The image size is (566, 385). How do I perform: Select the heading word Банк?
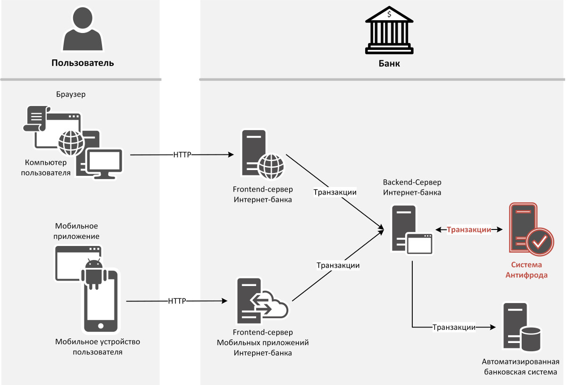[389, 63]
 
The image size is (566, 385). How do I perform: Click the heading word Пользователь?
[83, 63]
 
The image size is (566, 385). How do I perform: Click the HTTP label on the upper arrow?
[183, 155]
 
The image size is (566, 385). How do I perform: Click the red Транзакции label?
[469, 229]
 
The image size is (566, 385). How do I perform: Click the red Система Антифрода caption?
[526, 270]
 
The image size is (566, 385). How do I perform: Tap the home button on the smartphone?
[100, 326]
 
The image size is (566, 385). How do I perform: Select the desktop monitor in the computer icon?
[105, 162]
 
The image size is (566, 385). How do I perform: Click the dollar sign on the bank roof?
[389, 15]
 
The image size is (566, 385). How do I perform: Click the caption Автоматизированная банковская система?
[520, 367]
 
